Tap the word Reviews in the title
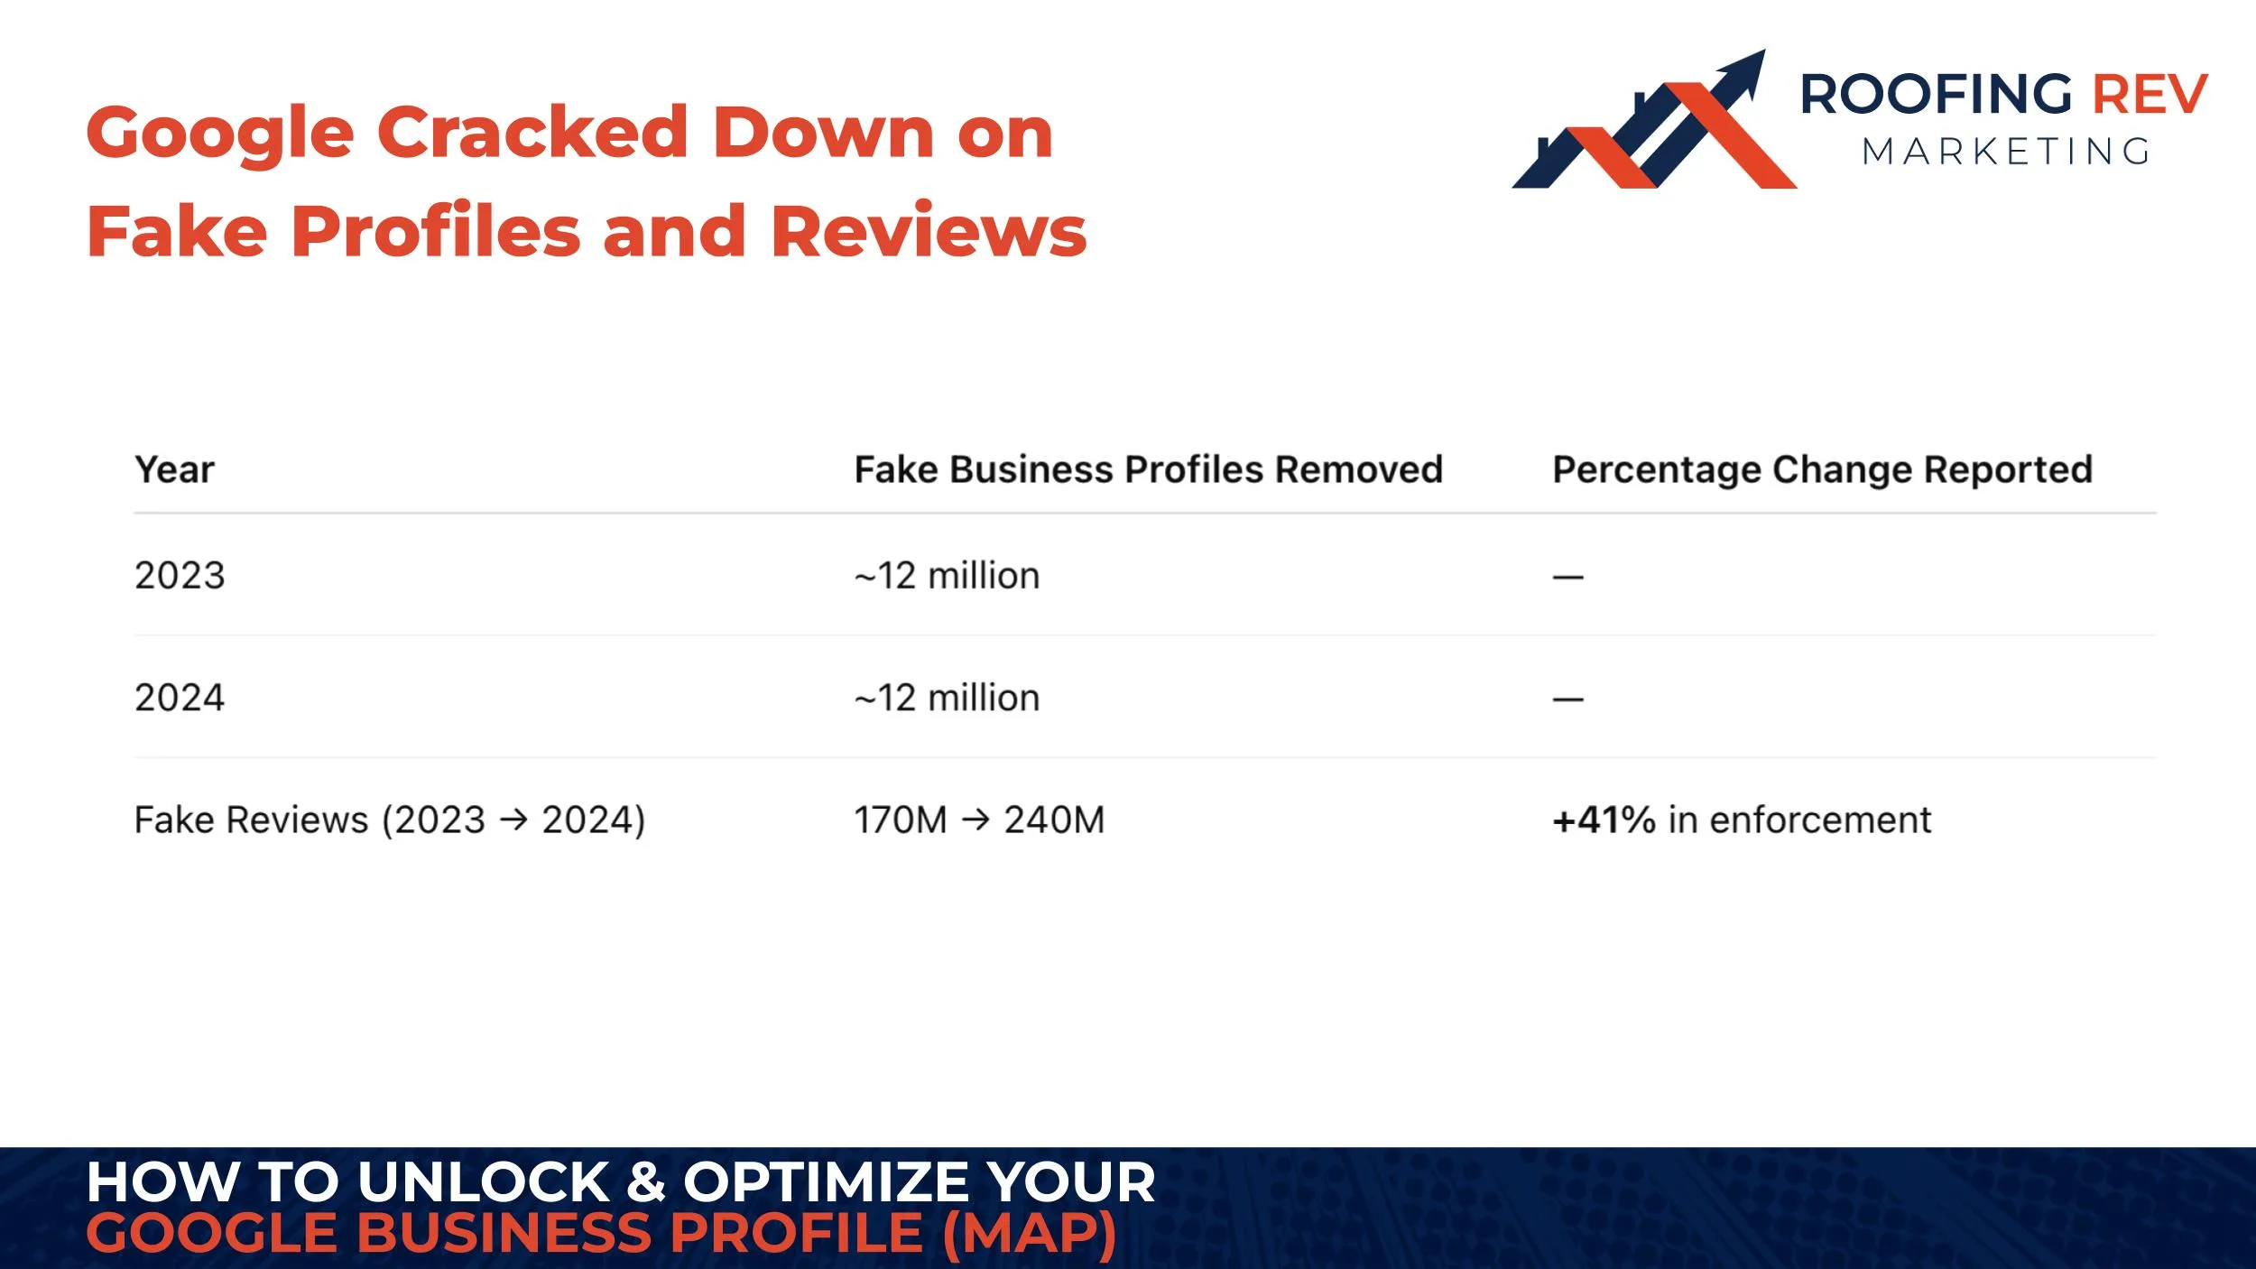pyautogui.click(x=929, y=232)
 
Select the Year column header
pyautogui.click(x=174, y=469)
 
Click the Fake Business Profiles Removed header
pyautogui.click(x=1148, y=469)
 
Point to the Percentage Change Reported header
pyautogui.click(x=1822, y=469)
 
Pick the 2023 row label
pyautogui.click(x=180, y=576)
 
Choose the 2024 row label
pyautogui.click(x=180, y=698)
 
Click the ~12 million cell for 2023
pyautogui.click(x=947, y=576)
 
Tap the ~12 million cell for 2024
pyautogui.click(x=947, y=698)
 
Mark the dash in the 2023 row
pyautogui.click(x=1567, y=578)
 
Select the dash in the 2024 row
pyautogui.click(x=1567, y=699)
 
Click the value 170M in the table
pyautogui.click(x=900, y=820)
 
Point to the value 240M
pyautogui.click(x=1054, y=820)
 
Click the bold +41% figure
pyautogui.click(x=1604, y=820)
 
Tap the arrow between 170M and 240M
pyautogui.click(x=975, y=820)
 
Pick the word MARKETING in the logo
pyautogui.click(x=2006, y=152)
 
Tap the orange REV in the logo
pyautogui.click(x=2150, y=95)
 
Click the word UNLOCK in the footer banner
pyautogui.click(x=484, y=1182)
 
